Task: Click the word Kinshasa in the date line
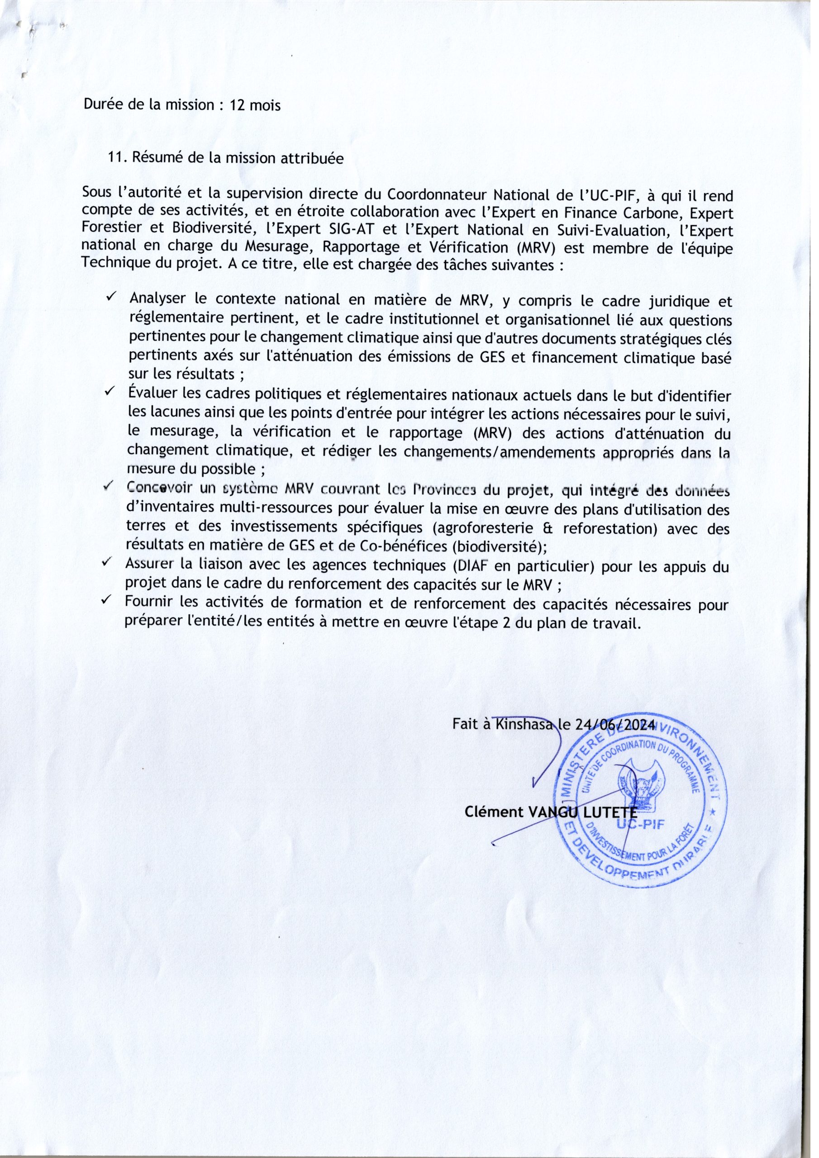(x=526, y=725)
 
